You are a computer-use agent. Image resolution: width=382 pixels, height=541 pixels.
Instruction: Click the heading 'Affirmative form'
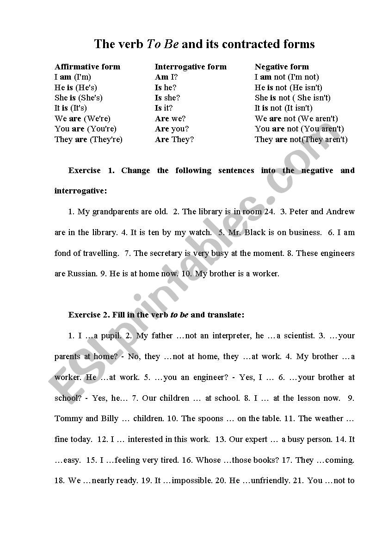coord(87,67)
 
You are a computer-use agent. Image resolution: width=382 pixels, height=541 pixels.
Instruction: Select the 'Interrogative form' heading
coord(191,67)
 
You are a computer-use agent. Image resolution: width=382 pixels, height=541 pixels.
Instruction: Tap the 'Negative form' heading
coord(282,67)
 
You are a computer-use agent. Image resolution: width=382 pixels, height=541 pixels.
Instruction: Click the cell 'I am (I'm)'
coord(73,77)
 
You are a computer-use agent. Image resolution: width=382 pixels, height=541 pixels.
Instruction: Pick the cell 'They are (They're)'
coord(88,139)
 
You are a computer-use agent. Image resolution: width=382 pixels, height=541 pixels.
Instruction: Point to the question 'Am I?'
coord(166,77)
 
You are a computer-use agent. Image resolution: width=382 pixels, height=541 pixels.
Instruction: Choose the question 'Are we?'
coord(170,118)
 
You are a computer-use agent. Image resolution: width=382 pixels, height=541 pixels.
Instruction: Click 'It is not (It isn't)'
coord(283,108)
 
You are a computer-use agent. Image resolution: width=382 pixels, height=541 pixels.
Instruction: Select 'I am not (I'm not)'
coord(287,77)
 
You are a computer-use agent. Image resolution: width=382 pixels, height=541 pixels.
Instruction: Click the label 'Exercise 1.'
coord(91,170)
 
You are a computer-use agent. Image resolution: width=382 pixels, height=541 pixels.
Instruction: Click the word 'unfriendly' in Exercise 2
coord(270,480)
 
